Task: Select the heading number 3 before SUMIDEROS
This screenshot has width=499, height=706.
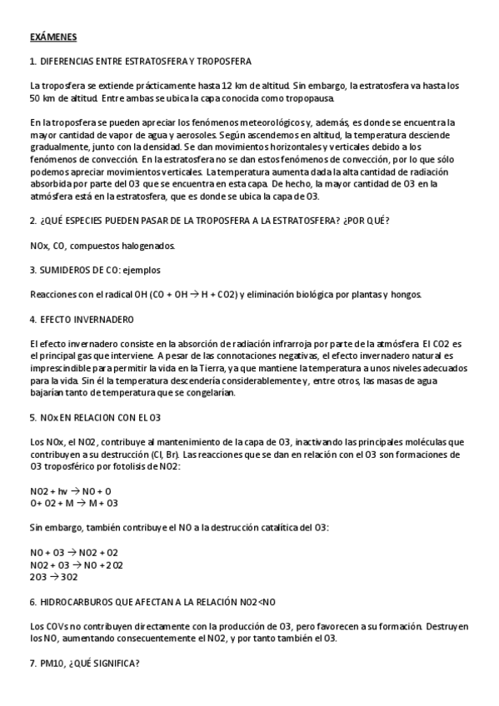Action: (32, 271)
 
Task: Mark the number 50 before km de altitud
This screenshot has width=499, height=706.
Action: (35, 97)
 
